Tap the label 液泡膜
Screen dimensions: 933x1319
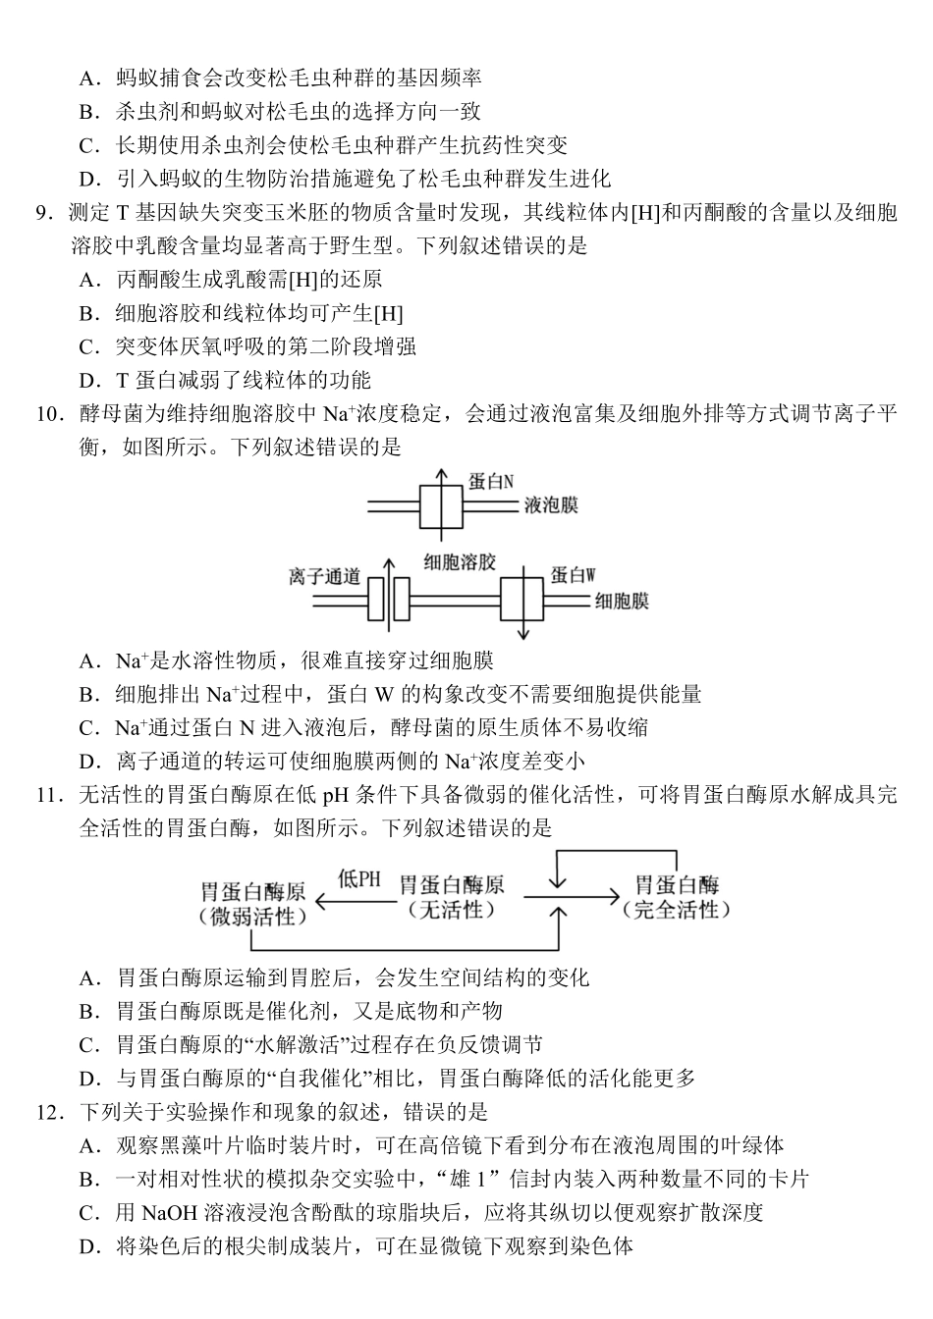[x=551, y=505]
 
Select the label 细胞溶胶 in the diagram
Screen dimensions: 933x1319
[x=459, y=562]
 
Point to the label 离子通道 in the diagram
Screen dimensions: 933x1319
[x=325, y=576]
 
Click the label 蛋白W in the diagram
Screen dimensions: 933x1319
[x=574, y=575]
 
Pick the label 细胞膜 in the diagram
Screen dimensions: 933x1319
[x=622, y=601]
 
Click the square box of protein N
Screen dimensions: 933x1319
[x=440, y=507]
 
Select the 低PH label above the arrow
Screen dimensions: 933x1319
[x=358, y=879]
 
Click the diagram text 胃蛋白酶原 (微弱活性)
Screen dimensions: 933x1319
[x=252, y=904]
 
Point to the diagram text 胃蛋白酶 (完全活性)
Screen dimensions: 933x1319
[x=677, y=897]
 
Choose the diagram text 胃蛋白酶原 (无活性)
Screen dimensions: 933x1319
[x=452, y=897]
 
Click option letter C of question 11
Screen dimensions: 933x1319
[x=90, y=1045]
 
